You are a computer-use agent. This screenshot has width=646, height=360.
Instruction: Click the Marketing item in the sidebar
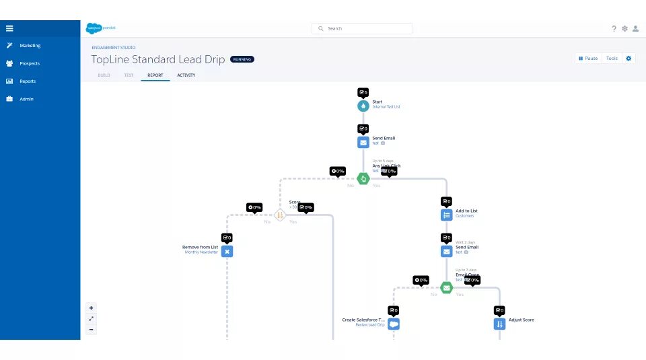(30, 46)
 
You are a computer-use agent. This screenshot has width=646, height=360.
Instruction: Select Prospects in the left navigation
(30, 63)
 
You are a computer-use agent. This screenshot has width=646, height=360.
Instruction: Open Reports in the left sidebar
(28, 81)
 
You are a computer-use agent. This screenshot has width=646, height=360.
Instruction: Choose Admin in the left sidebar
(26, 99)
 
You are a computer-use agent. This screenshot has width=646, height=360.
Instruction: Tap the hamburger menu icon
(9, 28)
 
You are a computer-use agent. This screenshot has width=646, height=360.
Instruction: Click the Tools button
(612, 59)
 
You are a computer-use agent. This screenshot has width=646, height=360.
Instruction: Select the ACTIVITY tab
(186, 75)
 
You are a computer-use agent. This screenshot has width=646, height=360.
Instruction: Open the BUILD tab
(104, 75)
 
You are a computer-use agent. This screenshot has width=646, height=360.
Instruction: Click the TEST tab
(129, 75)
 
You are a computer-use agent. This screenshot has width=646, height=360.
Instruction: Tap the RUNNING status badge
(242, 59)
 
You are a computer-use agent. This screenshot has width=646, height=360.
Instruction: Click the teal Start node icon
(363, 106)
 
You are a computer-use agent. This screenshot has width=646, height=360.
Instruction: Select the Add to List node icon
(446, 215)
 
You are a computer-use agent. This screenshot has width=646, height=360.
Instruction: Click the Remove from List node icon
(227, 251)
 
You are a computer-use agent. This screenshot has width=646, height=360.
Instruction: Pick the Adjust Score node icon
(499, 324)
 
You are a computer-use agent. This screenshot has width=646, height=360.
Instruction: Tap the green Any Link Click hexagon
(363, 178)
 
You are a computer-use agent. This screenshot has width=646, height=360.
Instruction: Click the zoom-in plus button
(92, 308)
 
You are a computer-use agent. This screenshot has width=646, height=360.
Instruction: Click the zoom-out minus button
(92, 329)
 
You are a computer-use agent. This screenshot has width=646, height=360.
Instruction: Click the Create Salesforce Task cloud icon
(394, 324)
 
